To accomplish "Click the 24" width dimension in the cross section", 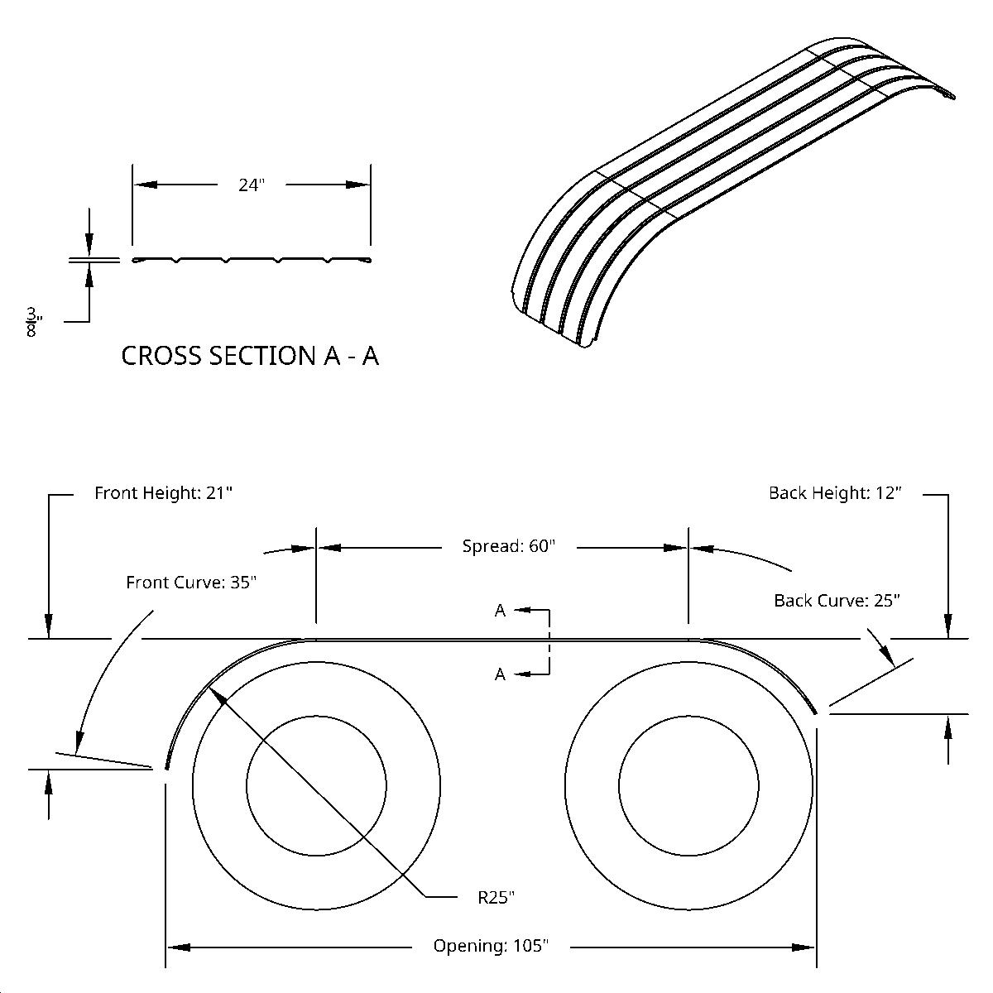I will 251,185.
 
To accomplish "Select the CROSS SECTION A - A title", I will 250,356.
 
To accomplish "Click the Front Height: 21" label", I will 163,493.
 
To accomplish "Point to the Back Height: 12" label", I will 834,493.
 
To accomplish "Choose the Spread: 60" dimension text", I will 508,546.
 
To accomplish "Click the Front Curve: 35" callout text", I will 191,583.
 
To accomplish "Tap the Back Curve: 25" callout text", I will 836,601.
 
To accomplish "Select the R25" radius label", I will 496,897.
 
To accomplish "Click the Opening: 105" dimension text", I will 491,946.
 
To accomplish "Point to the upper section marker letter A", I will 500,612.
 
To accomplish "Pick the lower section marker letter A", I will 500,674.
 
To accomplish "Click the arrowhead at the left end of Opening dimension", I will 179,947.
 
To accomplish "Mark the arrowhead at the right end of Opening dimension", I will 804,947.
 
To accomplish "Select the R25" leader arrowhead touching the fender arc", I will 217,695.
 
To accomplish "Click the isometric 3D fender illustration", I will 728,190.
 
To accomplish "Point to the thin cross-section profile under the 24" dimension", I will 251,261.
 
